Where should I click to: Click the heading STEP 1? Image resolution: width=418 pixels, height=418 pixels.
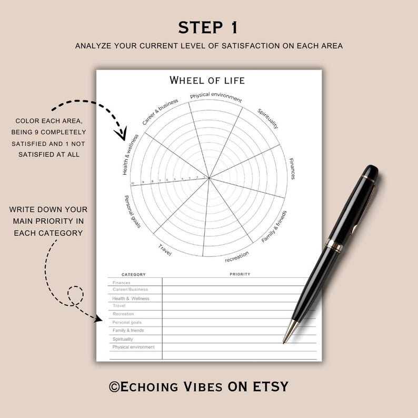[x=208, y=27]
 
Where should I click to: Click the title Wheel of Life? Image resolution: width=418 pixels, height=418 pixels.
[x=207, y=81]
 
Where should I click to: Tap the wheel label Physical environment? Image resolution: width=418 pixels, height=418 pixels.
[x=216, y=97]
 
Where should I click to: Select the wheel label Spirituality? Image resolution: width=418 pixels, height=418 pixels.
[x=268, y=118]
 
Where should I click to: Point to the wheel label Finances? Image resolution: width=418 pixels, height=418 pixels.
[x=292, y=168]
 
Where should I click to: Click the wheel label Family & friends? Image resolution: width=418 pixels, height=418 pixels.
[x=274, y=227]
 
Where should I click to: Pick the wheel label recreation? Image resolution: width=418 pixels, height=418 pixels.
[x=236, y=256]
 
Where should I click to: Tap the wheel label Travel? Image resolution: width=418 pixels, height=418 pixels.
[x=165, y=250]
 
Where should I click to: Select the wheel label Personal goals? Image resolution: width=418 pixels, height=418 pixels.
[x=133, y=212]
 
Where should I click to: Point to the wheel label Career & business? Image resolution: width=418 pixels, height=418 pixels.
[x=160, y=112]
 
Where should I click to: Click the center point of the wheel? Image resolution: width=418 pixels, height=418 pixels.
[x=209, y=178]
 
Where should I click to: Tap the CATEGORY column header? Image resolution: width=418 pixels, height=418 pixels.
[x=134, y=274]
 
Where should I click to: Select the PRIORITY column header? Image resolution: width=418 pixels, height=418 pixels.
[x=240, y=274]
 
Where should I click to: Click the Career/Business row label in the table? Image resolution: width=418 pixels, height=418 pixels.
[x=130, y=290]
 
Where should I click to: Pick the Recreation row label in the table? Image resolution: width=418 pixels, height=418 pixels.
[x=123, y=314]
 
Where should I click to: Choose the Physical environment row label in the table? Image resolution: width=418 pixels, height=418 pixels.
[x=133, y=347]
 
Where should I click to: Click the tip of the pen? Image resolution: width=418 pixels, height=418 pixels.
[x=284, y=342]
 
